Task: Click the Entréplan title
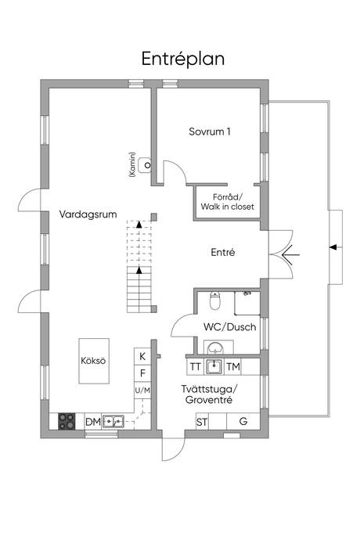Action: coord(183,59)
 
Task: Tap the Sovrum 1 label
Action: coord(210,131)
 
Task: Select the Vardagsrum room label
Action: coord(88,214)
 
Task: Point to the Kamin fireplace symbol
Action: coord(145,165)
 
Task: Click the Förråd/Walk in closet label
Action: coord(228,202)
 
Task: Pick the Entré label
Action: coord(223,252)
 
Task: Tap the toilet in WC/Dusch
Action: coord(215,300)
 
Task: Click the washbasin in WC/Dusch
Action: coord(216,347)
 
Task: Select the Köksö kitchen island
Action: coord(94,361)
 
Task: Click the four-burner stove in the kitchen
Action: coord(67,421)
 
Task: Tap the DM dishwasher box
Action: coord(92,422)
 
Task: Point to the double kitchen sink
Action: coord(113,421)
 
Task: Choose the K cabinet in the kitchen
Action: coord(142,356)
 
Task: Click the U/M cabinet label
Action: coord(142,391)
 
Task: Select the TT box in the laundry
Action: coord(196,367)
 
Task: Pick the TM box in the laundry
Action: coord(233,367)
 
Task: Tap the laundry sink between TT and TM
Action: coord(214,367)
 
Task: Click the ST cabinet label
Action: coord(202,422)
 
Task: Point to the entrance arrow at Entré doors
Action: coord(291,255)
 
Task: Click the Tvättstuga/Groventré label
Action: coord(209,394)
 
